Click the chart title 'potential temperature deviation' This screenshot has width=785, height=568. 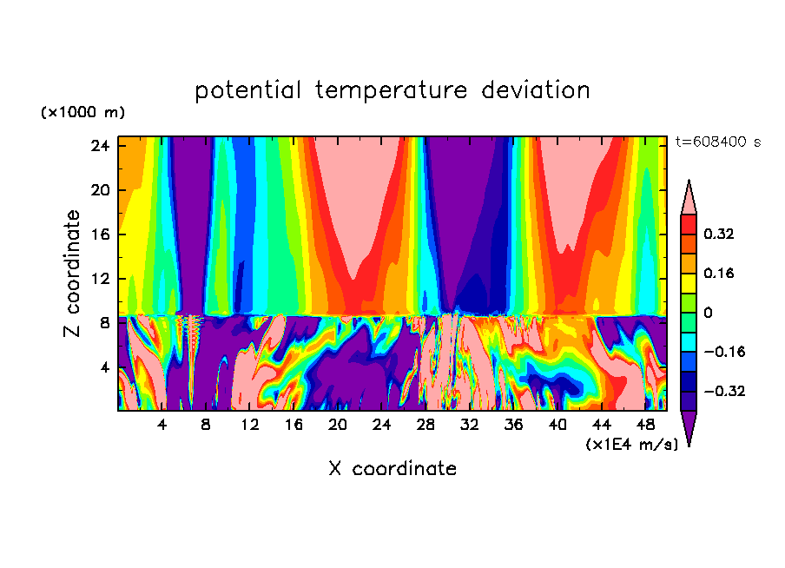pyautogui.click(x=392, y=90)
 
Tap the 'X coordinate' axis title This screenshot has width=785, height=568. pyautogui.click(x=392, y=469)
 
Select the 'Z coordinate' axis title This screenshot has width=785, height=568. pyautogui.click(x=72, y=274)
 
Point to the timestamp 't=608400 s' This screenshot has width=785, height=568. pyautogui.click(x=717, y=142)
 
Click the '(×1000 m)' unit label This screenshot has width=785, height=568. pyautogui.click(x=82, y=113)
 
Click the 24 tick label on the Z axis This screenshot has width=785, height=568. pyautogui.click(x=99, y=146)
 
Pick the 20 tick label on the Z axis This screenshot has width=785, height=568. pyautogui.click(x=99, y=190)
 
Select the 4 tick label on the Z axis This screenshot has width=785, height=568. pyautogui.click(x=103, y=367)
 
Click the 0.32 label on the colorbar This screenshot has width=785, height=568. pyautogui.click(x=720, y=234)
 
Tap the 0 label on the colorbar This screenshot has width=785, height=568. pyautogui.click(x=708, y=313)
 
